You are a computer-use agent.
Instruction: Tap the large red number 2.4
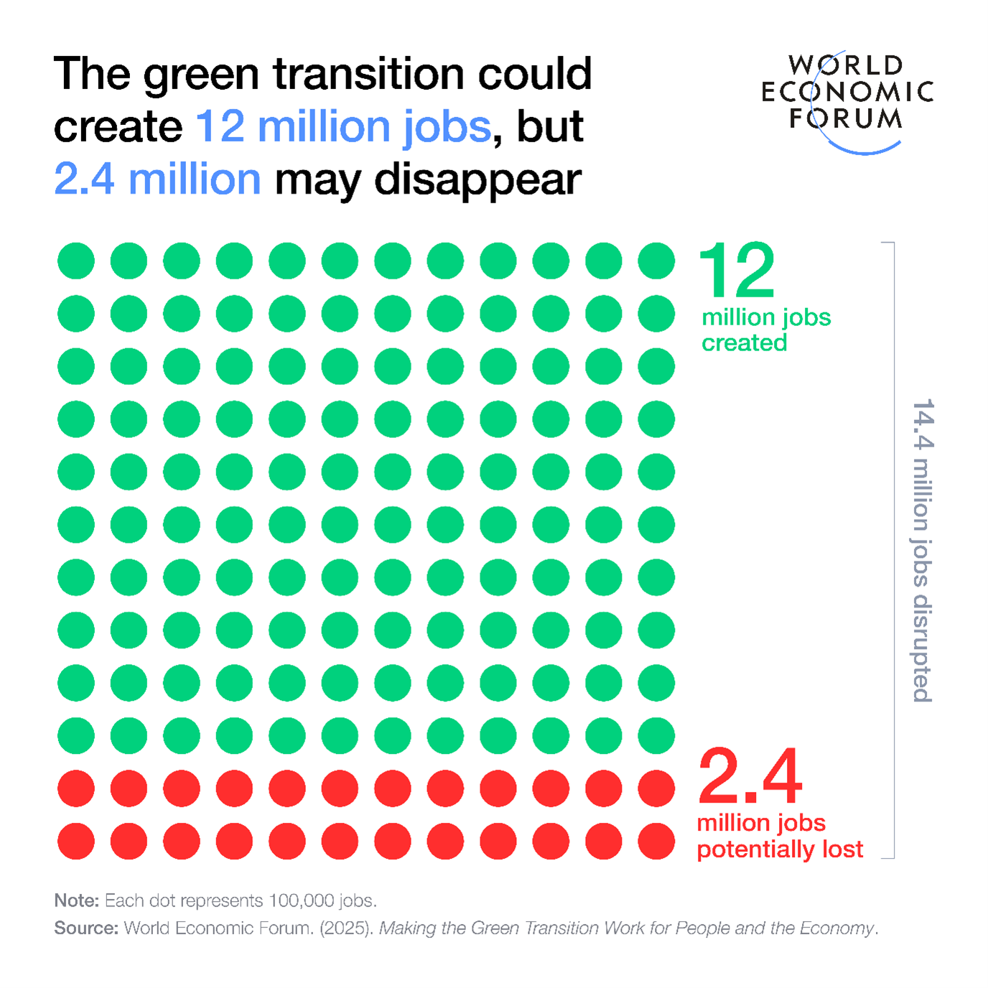(x=750, y=777)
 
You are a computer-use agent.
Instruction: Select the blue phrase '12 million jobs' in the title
(x=343, y=126)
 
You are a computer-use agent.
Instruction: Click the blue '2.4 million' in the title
(x=157, y=179)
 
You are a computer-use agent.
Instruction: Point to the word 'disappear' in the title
(x=477, y=180)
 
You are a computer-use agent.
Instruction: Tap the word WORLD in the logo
(x=846, y=65)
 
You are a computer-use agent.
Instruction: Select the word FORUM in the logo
(x=846, y=118)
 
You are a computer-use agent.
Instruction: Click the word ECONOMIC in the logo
(x=847, y=92)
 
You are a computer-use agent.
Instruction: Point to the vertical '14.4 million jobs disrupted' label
(x=923, y=551)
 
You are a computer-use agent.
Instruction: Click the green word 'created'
(x=744, y=343)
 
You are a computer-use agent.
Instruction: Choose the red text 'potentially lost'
(x=780, y=849)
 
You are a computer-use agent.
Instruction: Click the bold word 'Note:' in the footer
(x=77, y=900)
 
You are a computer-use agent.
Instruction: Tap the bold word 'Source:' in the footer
(x=86, y=928)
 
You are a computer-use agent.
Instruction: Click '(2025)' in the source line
(x=346, y=928)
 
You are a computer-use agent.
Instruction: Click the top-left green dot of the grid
(x=76, y=261)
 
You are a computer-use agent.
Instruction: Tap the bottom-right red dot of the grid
(x=656, y=841)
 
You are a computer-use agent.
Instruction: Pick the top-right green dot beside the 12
(x=656, y=261)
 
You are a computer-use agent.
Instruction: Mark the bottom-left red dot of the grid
(x=76, y=841)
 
